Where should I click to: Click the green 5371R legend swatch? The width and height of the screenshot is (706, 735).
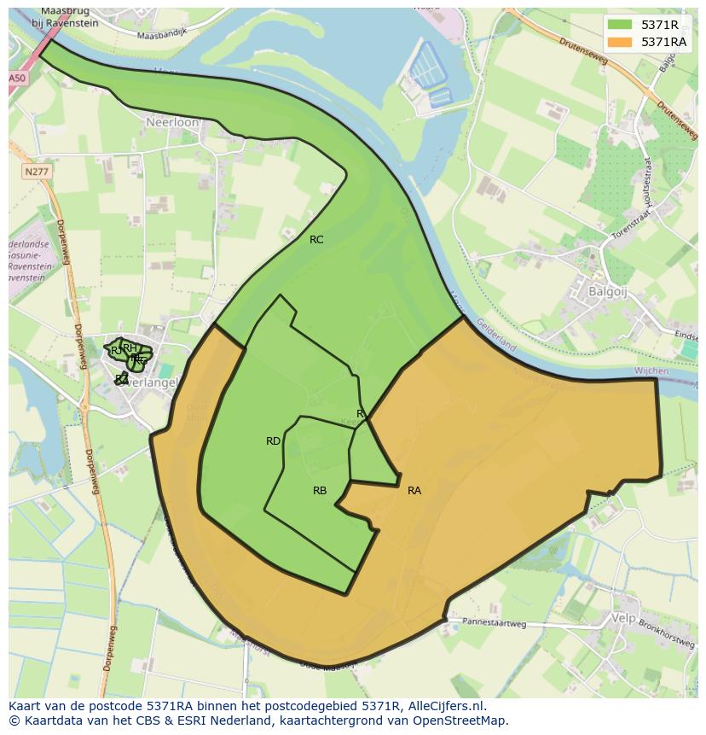pos(620,25)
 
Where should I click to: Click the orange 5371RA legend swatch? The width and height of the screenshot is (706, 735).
pos(620,42)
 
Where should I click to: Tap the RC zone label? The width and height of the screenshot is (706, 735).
pos(316,240)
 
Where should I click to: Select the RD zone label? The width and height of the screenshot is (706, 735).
pos(273,441)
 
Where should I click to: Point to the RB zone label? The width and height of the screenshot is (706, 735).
pos(320,491)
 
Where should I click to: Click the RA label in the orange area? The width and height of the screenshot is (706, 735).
pos(414,491)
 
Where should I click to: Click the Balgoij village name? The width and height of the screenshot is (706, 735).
pos(607,291)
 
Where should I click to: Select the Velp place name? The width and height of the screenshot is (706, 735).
pos(625,617)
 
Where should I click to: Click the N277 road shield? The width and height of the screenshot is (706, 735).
pos(36,172)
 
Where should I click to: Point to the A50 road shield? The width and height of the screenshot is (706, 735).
pos(17,78)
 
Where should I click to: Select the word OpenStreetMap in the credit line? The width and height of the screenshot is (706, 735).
pos(460,720)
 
